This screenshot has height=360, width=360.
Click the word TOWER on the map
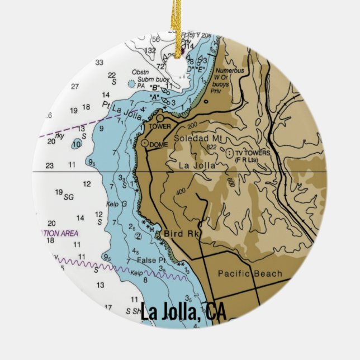159,126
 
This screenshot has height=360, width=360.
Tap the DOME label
159,144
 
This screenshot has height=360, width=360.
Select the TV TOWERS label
252,153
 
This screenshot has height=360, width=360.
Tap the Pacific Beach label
250,273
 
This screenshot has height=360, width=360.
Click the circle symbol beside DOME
145,144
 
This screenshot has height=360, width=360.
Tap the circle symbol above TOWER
160,118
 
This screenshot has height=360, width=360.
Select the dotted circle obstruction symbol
131,84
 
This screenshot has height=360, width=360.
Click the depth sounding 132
150,51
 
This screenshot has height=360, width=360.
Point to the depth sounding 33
100,62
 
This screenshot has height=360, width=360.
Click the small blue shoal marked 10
77,144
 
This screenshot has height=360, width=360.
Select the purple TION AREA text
60,233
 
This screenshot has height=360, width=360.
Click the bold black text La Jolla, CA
183,312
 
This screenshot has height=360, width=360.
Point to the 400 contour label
180,192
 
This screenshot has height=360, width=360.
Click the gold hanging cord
180,22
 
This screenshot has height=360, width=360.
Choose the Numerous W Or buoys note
229,79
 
